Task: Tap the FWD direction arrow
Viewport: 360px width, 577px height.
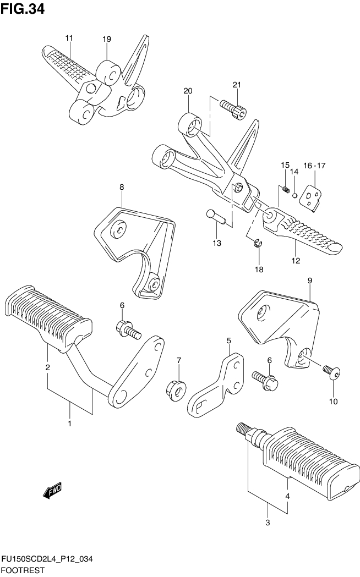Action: tap(53, 490)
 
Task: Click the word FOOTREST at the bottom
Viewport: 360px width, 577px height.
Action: tap(23, 570)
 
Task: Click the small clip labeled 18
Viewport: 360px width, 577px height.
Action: tap(258, 243)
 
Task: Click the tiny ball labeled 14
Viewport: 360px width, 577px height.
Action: tap(296, 194)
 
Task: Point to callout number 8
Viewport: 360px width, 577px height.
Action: tap(122, 188)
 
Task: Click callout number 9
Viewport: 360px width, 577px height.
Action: tap(310, 281)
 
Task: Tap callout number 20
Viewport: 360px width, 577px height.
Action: tap(187, 91)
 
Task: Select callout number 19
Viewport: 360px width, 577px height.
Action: tap(106, 39)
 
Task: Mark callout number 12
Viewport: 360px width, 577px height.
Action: tap(296, 261)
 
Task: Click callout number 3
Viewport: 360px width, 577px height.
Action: tap(268, 523)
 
